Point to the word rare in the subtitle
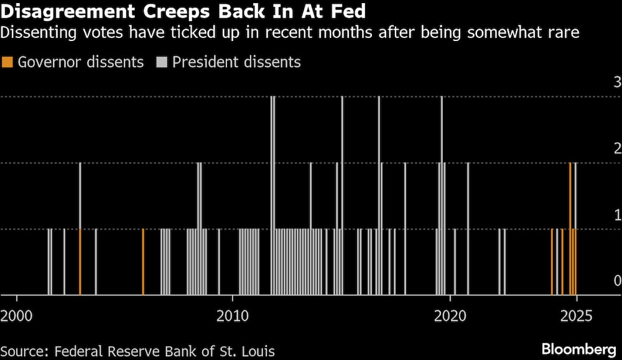564,33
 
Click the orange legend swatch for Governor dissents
7,62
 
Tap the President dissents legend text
236,62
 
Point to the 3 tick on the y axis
617,81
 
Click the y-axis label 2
617,148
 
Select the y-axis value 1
617,215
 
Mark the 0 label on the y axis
617,280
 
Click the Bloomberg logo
579,348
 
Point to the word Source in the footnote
23,351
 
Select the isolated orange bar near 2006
143,262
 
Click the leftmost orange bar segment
80,262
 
